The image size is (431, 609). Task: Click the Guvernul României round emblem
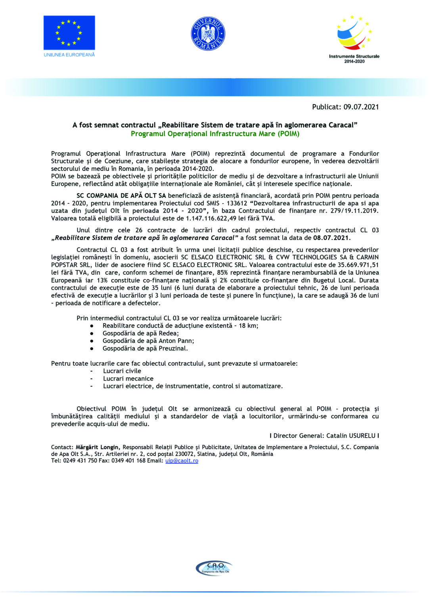coord(208,34)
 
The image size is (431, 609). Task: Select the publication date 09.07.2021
coord(361,107)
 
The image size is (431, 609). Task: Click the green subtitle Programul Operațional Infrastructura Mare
coord(215,134)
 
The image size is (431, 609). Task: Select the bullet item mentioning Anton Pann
coord(148,341)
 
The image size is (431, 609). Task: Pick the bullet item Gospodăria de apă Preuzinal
coord(145,349)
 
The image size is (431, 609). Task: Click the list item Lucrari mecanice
coord(128,379)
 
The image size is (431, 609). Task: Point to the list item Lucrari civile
coord(122,371)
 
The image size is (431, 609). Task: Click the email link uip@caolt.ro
coord(182,461)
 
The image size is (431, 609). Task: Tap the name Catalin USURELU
coord(351,436)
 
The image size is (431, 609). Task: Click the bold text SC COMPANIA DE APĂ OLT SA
coord(121,195)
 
